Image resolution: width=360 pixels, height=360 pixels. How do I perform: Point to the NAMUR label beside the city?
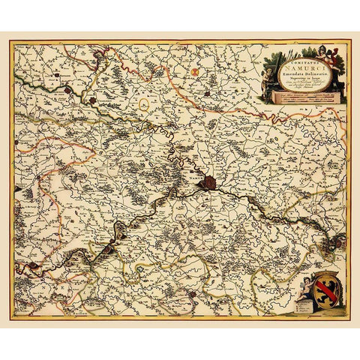click(196, 180)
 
